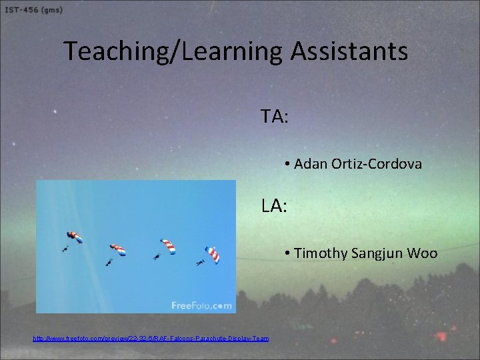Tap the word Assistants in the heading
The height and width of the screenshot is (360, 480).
tap(349, 51)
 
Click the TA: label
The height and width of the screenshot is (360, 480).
tap(275, 117)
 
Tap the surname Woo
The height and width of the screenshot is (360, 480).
tap(424, 253)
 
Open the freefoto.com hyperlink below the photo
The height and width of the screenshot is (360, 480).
tap(151, 339)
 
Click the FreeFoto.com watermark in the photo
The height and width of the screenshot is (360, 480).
tap(201, 305)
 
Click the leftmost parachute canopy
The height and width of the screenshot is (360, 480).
tap(74, 237)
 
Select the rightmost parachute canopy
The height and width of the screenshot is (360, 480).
tap(212, 254)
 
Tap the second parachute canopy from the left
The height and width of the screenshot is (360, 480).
tap(118, 250)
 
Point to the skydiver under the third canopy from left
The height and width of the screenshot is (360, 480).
tap(156, 257)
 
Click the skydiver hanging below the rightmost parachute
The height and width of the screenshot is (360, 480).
tap(200, 263)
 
